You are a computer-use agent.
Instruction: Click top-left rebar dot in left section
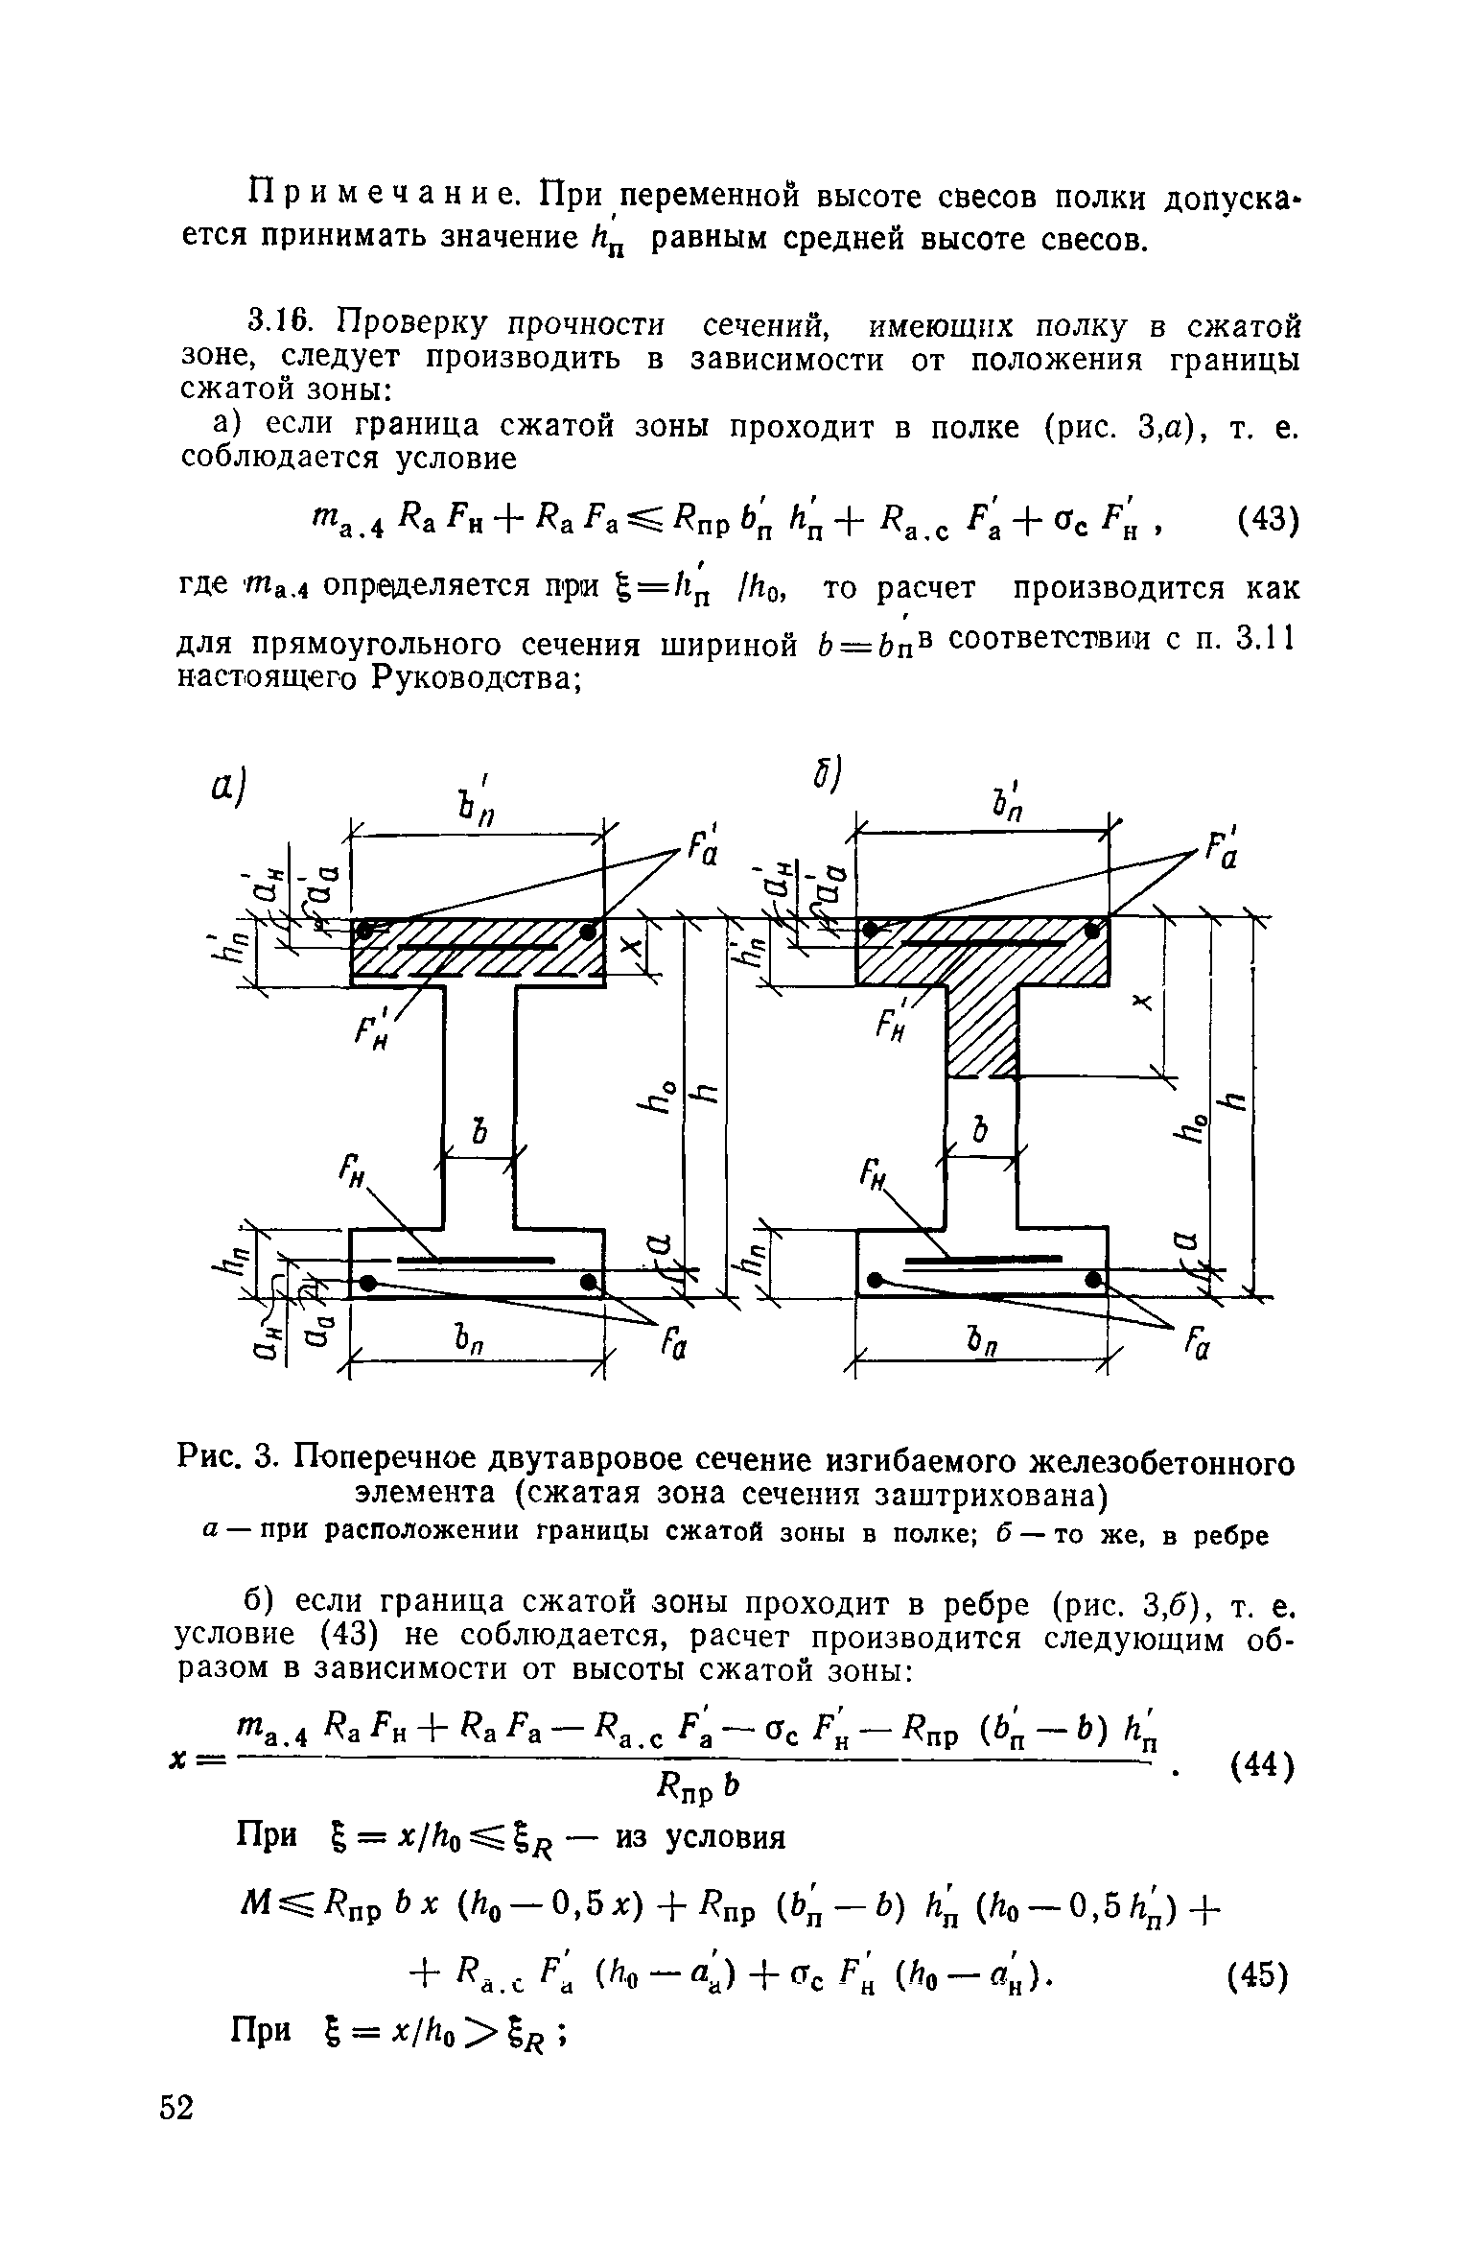pyautogui.click(x=365, y=930)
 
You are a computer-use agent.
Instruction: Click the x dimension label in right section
pyautogui.click(x=1140, y=1002)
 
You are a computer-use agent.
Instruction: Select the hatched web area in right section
pyautogui.click(x=982, y=1031)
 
